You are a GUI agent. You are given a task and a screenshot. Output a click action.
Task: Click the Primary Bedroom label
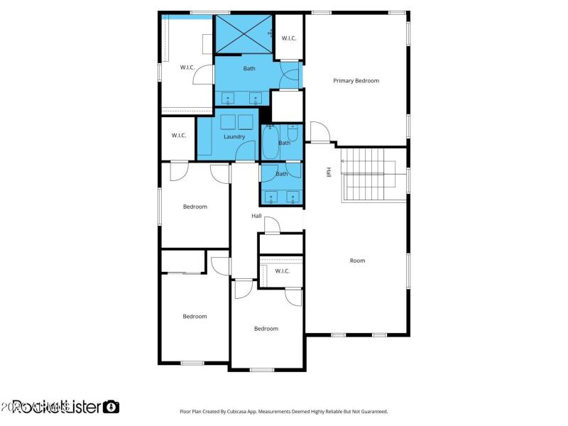click(x=356, y=81)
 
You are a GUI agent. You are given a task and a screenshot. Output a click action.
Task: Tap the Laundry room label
click(x=234, y=137)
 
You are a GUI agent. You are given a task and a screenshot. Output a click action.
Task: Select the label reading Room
click(x=357, y=261)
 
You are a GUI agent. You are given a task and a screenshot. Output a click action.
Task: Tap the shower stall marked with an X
click(x=244, y=33)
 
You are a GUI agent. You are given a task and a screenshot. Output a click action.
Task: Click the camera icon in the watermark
click(x=111, y=407)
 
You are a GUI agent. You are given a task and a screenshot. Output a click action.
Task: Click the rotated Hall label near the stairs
click(x=329, y=172)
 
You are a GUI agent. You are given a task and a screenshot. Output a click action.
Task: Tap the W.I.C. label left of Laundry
click(x=178, y=136)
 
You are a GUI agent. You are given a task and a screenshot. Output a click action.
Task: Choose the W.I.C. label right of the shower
click(x=289, y=38)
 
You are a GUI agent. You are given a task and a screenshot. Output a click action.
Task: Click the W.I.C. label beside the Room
click(x=282, y=271)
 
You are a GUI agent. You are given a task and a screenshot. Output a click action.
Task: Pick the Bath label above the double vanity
click(x=282, y=174)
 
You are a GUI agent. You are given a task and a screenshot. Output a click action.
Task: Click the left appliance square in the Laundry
click(x=229, y=121)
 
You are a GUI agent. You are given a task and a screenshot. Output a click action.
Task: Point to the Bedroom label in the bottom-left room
click(x=195, y=317)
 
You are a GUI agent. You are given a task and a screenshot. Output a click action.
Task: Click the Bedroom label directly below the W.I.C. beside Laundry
click(x=195, y=207)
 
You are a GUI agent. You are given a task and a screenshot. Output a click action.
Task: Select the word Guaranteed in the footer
click(x=373, y=411)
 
